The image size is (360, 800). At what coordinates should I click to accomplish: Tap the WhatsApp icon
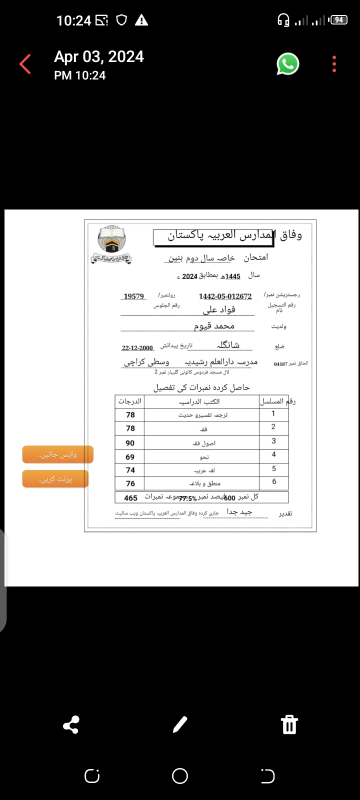[288, 64]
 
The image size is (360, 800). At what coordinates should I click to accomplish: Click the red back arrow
[25, 64]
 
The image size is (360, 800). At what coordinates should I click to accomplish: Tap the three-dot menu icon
[334, 64]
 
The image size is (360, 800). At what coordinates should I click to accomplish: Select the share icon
[71, 725]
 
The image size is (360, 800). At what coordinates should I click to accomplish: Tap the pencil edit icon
[180, 724]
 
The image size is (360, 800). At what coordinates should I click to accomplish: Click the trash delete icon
[289, 724]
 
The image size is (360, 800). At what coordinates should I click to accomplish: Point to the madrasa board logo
[111, 244]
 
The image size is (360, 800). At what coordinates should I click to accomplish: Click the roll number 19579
[134, 296]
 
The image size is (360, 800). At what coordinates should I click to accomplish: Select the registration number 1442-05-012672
[225, 296]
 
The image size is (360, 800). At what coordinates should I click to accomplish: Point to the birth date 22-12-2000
[137, 348]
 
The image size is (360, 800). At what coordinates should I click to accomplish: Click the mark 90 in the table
[130, 443]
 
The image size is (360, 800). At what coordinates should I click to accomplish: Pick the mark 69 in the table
[130, 457]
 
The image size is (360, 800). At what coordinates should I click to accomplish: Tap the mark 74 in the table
[130, 470]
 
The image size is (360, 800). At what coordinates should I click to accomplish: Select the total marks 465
[130, 498]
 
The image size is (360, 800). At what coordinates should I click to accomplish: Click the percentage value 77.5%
[187, 498]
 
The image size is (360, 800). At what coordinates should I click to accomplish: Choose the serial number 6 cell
[274, 482]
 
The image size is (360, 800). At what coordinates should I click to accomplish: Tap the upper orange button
[58, 454]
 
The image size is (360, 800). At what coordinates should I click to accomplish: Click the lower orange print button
[55, 479]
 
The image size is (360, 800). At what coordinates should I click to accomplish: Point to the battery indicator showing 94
[339, 20]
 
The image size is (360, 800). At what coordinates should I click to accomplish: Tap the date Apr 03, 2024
[99, 57]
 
